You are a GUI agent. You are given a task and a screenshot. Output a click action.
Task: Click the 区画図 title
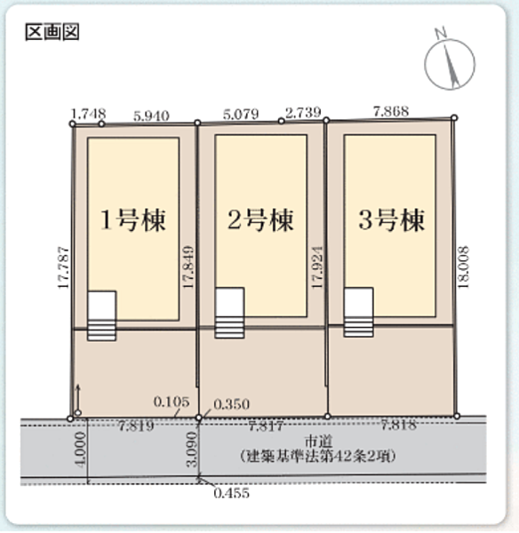53,33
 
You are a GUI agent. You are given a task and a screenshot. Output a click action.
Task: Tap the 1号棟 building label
132,219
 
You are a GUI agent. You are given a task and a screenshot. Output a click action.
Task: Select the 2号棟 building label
261,219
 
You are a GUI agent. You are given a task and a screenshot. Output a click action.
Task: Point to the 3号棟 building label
390,219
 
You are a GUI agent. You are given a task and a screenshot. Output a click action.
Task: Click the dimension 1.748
87,113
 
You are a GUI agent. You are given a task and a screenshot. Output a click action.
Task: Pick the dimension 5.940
151,115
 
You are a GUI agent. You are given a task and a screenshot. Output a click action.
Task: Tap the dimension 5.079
241,114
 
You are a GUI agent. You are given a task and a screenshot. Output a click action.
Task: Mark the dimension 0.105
170,402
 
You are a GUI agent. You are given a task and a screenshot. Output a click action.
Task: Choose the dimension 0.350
228,403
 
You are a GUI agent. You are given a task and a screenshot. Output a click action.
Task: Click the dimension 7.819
136,426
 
